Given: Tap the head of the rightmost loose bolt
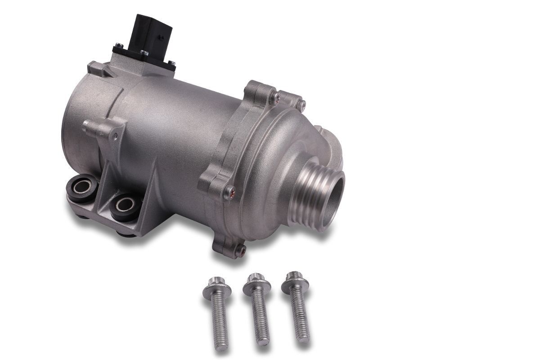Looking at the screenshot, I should tap(295, 280).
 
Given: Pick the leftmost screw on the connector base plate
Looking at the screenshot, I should tap(117, 45).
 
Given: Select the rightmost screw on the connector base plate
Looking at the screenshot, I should tap(171, 63).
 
